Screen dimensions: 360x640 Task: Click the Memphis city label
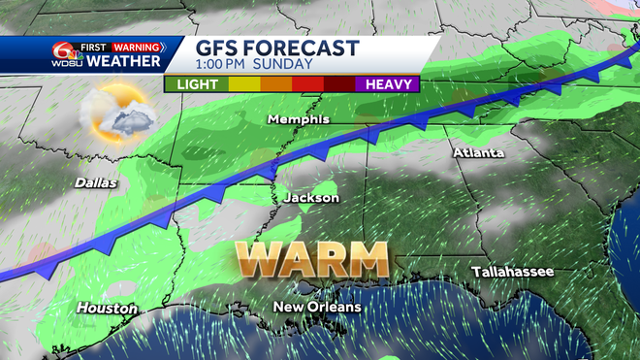(299, 119)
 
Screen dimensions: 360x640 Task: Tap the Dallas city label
(95, 182)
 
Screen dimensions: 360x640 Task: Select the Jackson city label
(311, 198)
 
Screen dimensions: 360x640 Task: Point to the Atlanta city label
(479, 153)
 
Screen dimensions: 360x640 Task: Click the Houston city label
(107, 309)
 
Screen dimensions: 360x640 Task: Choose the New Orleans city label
(317, 307)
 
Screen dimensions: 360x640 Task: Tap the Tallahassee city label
(513, 272)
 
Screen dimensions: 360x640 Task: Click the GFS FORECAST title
(277, 48)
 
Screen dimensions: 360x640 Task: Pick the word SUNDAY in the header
(287, 65)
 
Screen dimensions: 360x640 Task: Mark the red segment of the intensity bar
(309, 83)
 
